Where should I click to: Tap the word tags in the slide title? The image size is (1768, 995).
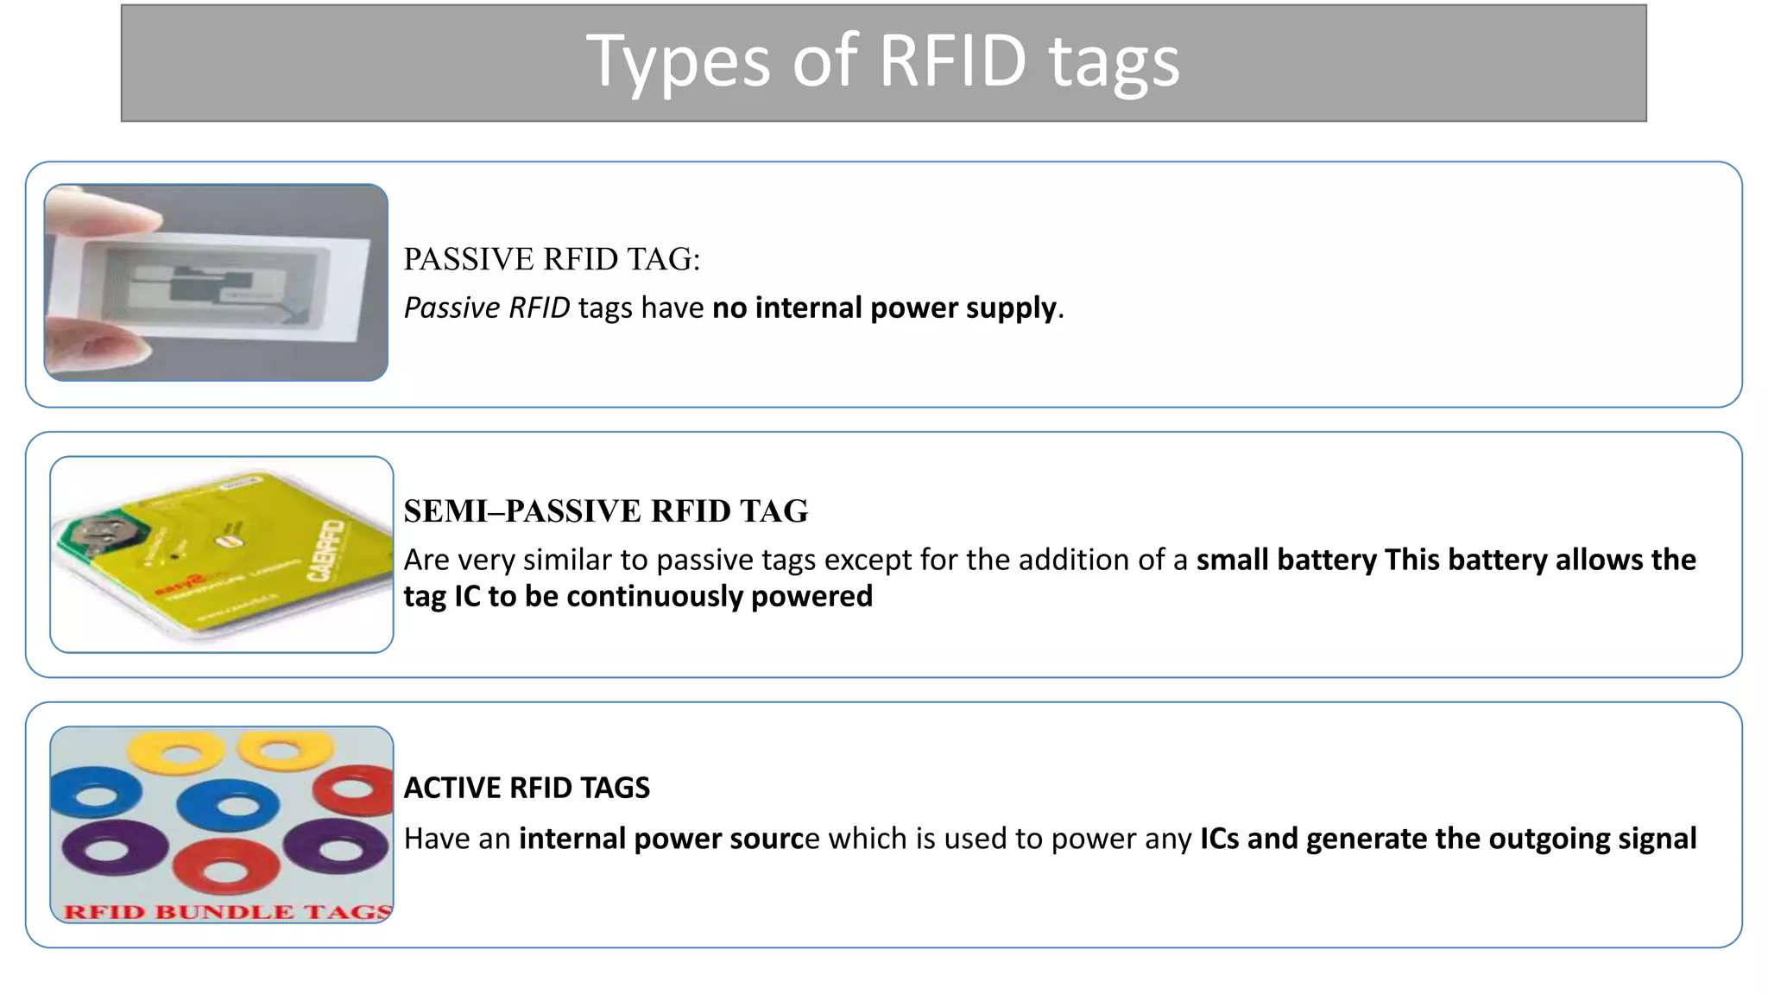click(x=1114, y=62)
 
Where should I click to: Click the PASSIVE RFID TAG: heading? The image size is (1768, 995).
click(x=552, y=259)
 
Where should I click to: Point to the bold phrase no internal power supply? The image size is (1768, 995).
click(x=884, y=307)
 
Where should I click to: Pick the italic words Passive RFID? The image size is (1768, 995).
click(x=487, y=307)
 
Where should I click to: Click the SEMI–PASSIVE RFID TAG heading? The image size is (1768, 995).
click(x=605, y=511)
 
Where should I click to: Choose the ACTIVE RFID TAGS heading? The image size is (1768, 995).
click(x=527, y=788)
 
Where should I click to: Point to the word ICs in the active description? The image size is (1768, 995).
click(x=1221, y=839)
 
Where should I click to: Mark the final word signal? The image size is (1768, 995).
click(x=1657, y=839)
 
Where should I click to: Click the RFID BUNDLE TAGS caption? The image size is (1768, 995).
click(x=227, y=912)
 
